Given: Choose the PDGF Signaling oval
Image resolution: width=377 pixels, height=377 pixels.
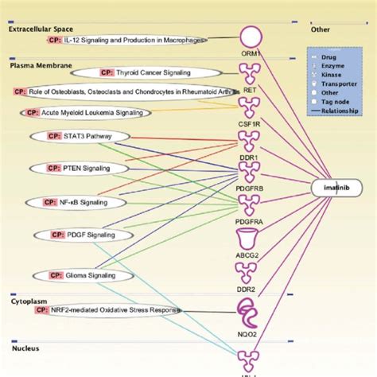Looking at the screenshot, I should (x=78, y=235).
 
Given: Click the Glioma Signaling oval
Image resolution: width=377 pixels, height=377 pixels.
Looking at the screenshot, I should (x=74, y=275).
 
